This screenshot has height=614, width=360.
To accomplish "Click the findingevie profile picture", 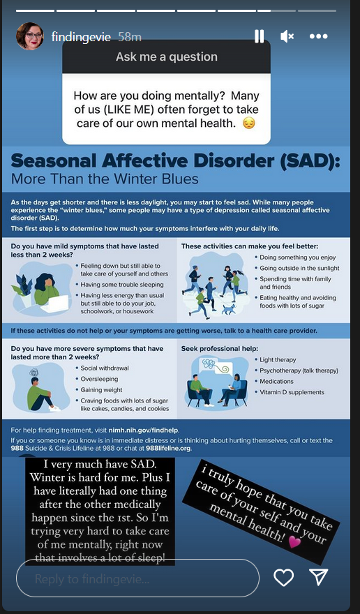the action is tap(30, 36).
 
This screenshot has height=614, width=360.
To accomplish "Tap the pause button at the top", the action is tap(259, 36).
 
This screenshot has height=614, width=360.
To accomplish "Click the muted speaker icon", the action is tap(287, 36).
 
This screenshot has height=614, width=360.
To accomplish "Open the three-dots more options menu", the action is tap(318, 36).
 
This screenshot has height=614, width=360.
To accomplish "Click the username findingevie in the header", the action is tap(81, 37).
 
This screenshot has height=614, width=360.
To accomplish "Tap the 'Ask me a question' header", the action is tap(167, 57).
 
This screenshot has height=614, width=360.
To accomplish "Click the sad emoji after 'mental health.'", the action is tap(249, 123).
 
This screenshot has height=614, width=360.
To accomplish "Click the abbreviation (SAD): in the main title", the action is tap(310, 162).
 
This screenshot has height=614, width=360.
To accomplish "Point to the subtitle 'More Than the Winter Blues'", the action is tap(105, 179).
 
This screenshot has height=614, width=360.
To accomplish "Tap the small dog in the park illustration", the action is tap(228, 309).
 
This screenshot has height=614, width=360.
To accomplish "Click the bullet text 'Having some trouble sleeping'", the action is tap(122, 285).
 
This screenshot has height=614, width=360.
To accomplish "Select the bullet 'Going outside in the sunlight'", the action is tap(299, 268).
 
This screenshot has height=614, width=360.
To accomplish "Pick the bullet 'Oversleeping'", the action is tap(99, 379).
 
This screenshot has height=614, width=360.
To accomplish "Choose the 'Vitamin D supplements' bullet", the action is tap(292, 392).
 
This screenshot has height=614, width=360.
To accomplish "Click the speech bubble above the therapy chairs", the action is tap(216, 367).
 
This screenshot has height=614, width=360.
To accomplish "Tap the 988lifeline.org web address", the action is tap(168, 449).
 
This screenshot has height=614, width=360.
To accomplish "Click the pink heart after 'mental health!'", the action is tap(294, 542).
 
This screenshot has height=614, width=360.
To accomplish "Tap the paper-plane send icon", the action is tap(318, 577).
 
